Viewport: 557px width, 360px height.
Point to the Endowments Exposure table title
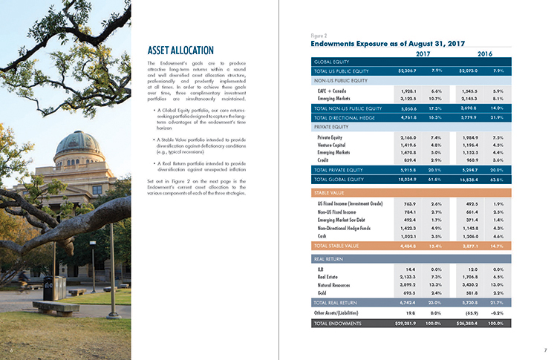pyautogui.click(x=387, y=43)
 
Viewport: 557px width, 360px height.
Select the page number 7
pyautogui.click(x=544, y=349)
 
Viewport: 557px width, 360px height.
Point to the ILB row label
pyautogui.click(x=320, y=269)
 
